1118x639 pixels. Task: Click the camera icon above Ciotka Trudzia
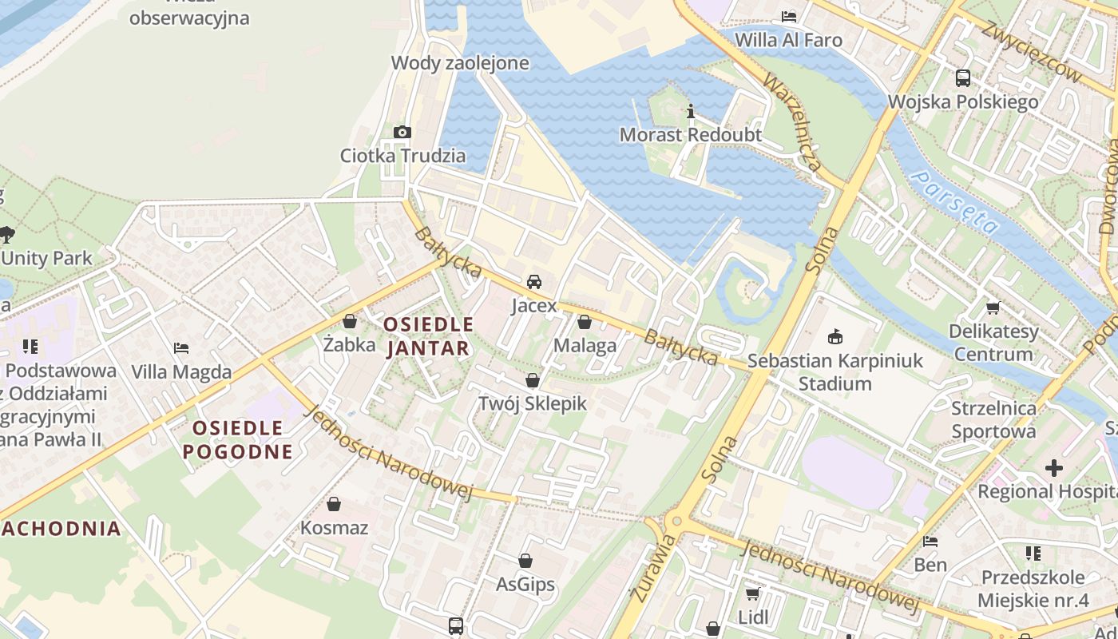click(402, 132)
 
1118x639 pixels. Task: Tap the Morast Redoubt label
click(691, 134)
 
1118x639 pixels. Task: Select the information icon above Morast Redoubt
click(691, 111)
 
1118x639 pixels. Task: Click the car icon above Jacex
click(534, 282)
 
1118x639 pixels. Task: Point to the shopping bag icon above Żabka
click(349, 322)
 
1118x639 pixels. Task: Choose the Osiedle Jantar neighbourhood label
click(428, 336)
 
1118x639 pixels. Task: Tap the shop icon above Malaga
click(585, 323)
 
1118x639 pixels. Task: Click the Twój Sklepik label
click(532, 403)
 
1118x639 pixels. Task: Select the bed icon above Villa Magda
click(181, 348)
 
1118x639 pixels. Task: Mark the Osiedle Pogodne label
click(237, 439)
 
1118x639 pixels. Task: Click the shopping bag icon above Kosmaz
click(334, 505)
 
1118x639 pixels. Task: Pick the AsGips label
click(525, 584)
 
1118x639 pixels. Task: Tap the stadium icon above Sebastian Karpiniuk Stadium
click(835, 336)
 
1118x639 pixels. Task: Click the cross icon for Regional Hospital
click(1054, 468)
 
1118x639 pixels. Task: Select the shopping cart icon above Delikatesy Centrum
click(993, 308)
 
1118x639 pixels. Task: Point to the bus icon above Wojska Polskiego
click(963, 78)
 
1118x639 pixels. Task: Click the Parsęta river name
click(955, 201)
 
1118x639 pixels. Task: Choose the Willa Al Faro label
click(788, 39)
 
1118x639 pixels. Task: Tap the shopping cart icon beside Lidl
click(751, 593)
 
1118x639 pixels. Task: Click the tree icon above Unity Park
click(8, 234)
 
